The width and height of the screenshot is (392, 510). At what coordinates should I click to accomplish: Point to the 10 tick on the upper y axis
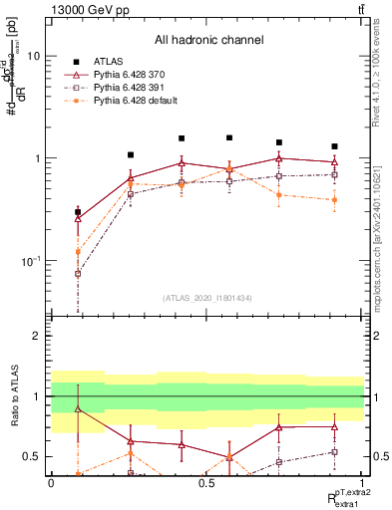[33, 57]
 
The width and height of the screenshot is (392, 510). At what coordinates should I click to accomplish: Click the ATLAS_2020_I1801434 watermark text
[207, 299]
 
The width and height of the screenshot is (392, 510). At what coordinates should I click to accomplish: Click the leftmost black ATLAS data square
[78, 212]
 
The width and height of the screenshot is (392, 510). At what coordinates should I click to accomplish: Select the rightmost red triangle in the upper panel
[334, 161]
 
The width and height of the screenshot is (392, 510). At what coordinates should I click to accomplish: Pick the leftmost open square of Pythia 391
[78, 273]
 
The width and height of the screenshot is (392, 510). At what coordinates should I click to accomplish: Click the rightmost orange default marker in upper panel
[334, 199]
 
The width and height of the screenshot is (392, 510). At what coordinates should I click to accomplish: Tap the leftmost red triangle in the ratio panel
[78, 408]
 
